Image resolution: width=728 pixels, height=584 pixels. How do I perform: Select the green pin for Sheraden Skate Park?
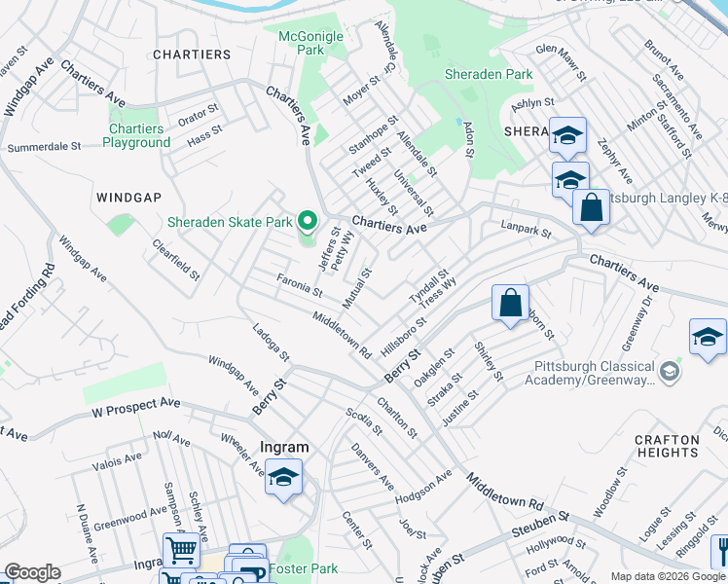pyautogui.click(x=309, y=223)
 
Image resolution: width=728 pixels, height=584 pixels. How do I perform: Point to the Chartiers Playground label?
pyautogui.click(x=136, y=135)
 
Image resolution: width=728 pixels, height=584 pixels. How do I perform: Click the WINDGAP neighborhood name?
pyautogui.click(x=128, y=197)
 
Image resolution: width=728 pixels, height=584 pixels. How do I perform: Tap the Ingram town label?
pyautogui.click(x=284, y=448)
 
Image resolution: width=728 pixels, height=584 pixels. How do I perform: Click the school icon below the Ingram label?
pyautogui.click(x=283, y=478)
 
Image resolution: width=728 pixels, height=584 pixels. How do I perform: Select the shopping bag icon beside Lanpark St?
pyautogui.click(x=590, y=207)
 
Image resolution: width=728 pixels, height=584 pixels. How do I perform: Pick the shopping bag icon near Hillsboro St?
pyautogui.click(x=510, y=304)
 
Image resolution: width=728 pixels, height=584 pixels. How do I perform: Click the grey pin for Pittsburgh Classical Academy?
pyautogui.click(x=669, y=372)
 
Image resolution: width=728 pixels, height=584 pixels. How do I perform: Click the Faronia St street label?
pyautogui.click(x=299, y=285)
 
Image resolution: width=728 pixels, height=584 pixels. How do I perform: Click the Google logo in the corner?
pyautogui.click(x=32, y=572)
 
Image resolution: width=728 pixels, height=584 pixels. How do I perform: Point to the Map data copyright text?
pyautogui.click(x=667, y=576)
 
